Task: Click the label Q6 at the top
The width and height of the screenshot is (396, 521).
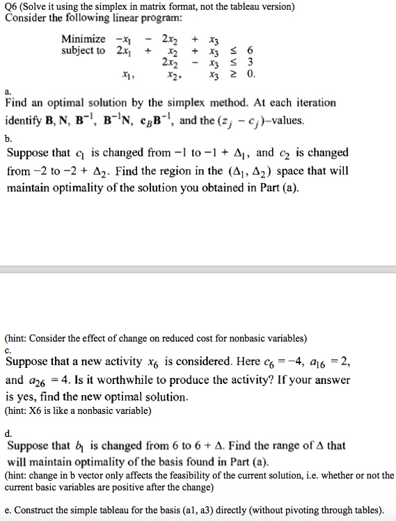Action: [10, 7]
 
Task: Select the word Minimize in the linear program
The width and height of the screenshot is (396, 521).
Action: [84, 39]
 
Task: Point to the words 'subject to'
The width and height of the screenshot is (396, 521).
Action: [84, 51]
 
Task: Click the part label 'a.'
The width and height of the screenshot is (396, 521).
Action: [8, 91]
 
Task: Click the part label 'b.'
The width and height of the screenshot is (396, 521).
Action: [8, 140]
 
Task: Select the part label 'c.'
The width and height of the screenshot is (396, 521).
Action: [8, 350]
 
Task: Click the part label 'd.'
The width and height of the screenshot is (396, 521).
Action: [8, 433]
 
